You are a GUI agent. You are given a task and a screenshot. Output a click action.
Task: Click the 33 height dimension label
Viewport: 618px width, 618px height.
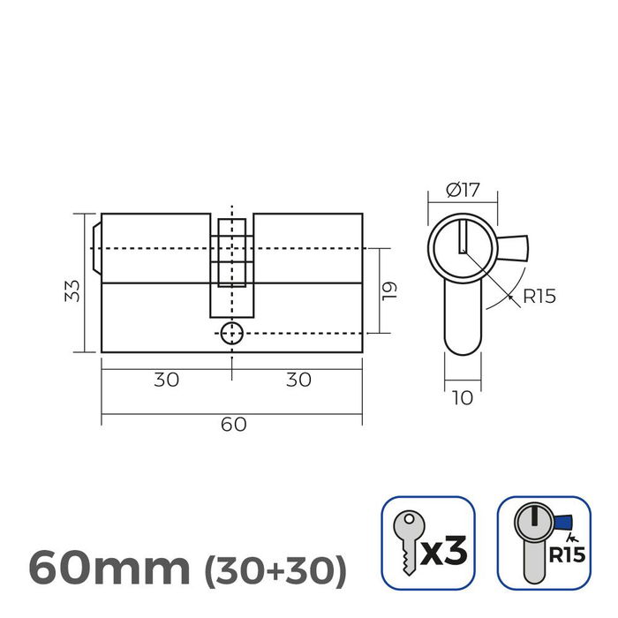(74, 290)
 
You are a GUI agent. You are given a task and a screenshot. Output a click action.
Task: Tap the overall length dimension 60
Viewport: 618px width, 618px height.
(232, 424)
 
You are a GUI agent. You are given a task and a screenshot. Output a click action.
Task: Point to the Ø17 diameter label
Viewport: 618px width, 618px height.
(462, 189)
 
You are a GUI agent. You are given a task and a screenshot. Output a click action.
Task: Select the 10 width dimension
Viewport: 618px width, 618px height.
(462, 398)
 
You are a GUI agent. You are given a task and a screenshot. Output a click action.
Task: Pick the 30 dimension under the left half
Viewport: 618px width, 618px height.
(166, 380)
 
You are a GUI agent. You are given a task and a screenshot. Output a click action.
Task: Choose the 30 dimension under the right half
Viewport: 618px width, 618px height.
(298, 380)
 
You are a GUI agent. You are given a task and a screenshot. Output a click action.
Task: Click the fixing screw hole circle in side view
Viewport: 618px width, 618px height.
(231, 333)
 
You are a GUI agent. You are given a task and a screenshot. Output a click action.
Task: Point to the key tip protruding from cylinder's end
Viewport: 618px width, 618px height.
(96, 248)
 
